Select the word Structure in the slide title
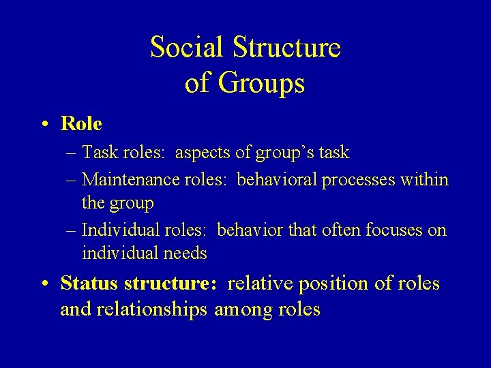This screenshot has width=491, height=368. click(286, 48)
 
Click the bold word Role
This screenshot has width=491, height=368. click(81, 124)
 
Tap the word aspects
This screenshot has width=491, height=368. click(203, 153)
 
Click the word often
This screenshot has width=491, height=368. click(342, 230)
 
